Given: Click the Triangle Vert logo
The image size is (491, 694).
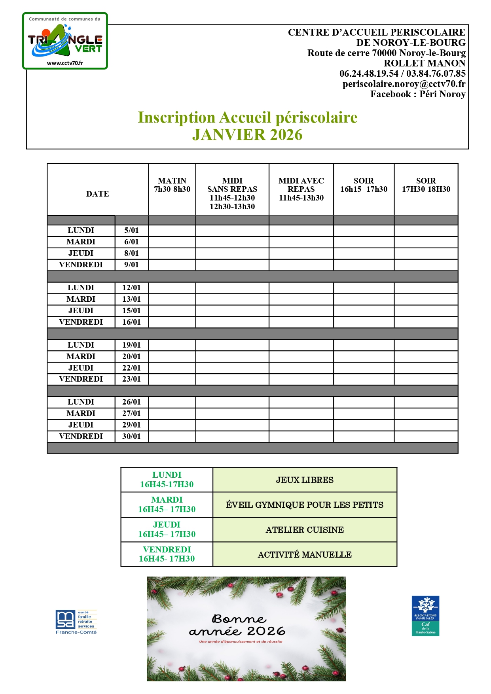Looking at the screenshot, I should tap(65, 41).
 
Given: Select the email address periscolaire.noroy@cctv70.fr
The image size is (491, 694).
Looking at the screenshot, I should tap(404, 84).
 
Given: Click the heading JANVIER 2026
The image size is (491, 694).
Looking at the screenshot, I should tap(247, 135).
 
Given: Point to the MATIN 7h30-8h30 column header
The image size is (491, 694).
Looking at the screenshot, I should tap(172, 185).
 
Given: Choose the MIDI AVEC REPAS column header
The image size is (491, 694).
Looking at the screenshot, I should tap(301, 189).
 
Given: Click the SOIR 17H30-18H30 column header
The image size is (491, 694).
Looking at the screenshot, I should tap(426, 185).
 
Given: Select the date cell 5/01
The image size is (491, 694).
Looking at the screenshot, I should tap(131, 231).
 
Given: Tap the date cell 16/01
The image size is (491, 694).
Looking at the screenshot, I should tap(131, 322).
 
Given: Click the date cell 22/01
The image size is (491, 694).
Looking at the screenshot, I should tap(131, 368).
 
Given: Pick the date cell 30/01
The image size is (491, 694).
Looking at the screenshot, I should tap(131, 437).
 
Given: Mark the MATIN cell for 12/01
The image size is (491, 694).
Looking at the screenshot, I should tap(172, 288).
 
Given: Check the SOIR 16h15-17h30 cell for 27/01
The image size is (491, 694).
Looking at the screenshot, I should tap(364, 414).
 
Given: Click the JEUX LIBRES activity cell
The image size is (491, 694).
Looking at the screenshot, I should tap(305, 480).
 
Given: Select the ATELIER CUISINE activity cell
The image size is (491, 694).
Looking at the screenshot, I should tap(305, 530).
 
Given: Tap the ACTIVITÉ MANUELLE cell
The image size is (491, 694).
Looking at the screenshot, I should tap(305, 555).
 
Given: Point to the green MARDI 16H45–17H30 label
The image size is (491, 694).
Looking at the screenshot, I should tap(167, 505).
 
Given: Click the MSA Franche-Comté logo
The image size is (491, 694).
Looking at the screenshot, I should tap(76, 622).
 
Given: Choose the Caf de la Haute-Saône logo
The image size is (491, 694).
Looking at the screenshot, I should tap(425, 616).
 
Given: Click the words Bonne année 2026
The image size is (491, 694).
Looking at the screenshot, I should tap(237, 625).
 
